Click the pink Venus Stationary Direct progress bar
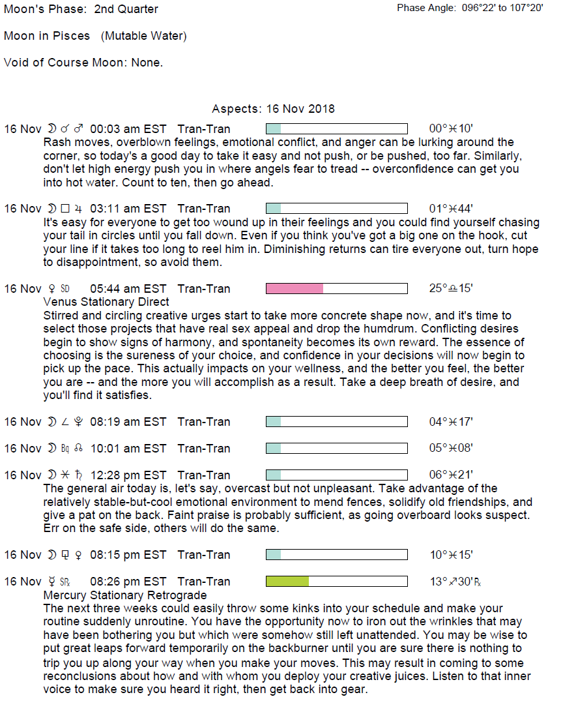(336, 289)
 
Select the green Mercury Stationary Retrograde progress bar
(336, 582)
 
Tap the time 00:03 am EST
(128, 129)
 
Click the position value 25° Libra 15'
(451, 289)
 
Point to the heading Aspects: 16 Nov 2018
(273, 109)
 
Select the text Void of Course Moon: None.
(83, 63)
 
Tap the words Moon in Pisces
(47, 36)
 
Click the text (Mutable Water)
(143, 36)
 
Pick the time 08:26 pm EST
(128, 582)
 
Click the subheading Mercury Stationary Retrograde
(124, 595)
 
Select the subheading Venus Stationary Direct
(106, 302)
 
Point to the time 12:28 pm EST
(128, 475)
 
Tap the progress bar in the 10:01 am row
(336, 449)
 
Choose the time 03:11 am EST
(128, 209)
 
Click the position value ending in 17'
(451, 422)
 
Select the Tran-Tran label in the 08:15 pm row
(203, 555)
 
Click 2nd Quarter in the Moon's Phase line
(126, 9)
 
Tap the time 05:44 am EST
(128, 289)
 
